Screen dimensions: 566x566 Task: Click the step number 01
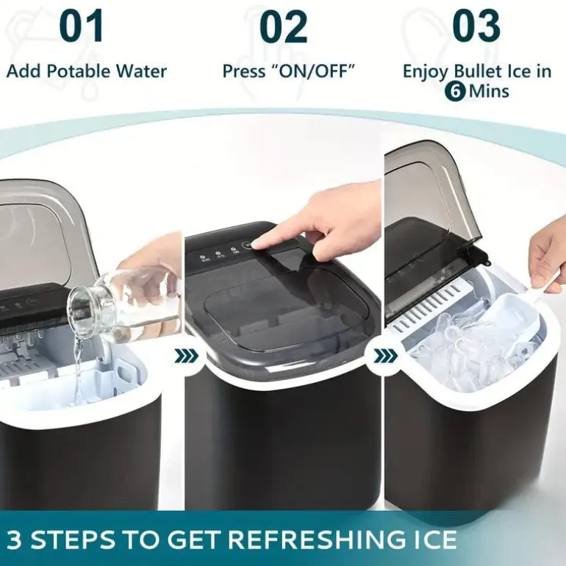(x=82, y=26)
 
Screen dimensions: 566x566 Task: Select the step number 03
(x=476, y=26)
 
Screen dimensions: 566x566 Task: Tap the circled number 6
(x=456, y=91)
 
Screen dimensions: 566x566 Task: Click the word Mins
(x=489, y=91)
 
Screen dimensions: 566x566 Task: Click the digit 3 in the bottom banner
(x=15, y=540)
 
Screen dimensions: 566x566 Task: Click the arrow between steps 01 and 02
(x=187, y=356)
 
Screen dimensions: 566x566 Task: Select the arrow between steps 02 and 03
(x=386, y=356)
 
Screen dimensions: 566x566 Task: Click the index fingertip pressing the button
(x=257, y=246)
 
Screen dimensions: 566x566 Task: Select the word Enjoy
(x=426, y=72)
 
